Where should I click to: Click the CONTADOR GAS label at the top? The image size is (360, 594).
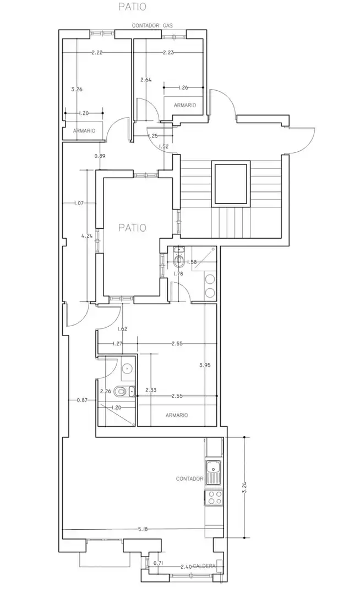point(152,26)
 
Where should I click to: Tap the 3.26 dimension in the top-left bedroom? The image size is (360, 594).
point(77,90)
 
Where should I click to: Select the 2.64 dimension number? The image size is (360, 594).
point(146,80)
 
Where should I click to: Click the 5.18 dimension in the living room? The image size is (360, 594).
point(143,530)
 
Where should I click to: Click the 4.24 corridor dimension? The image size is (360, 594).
point(87,235)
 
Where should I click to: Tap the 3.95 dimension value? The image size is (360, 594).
point(205,366)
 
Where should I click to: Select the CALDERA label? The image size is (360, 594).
point(204,566)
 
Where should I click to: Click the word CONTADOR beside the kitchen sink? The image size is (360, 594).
point(189,479)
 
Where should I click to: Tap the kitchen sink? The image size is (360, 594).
point(213,473)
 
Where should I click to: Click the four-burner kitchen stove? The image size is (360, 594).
point(214,497)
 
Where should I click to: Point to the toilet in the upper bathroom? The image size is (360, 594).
point(178,260)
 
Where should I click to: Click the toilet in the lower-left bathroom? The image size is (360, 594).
point(123,391)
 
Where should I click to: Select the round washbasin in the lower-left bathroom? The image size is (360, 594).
point(127,367)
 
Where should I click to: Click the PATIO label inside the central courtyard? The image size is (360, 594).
point(132,228)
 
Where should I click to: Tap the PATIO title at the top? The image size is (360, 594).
point(132,7)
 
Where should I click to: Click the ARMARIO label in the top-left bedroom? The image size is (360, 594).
point(84,131)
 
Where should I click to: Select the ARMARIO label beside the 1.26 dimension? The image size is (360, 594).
point(185,105)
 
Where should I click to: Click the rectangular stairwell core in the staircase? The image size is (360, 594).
point(231,183)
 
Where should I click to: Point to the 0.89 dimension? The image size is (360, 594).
point(100,156)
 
